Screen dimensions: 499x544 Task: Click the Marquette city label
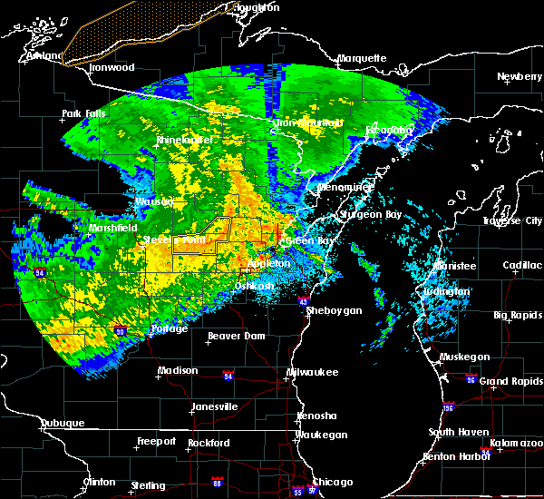[362, 58]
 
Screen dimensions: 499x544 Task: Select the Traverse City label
[512, 220]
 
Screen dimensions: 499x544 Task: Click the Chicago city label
[332, 482]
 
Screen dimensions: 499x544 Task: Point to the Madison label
[178, 370]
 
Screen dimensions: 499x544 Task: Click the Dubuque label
[63, 424]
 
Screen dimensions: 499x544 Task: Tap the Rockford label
[209, 443]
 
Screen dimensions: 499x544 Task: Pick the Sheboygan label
[335, 310]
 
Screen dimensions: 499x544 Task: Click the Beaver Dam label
[236, 336]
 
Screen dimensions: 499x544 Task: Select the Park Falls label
[84, 114]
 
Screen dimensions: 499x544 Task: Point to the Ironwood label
[112, 67]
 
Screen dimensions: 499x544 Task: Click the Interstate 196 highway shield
[448, 407]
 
